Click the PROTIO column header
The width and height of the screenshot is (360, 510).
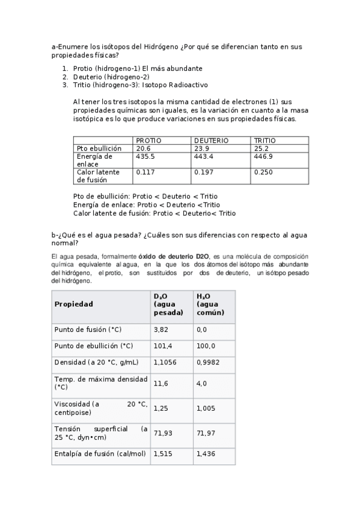148,140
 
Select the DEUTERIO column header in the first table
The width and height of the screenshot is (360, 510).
211,140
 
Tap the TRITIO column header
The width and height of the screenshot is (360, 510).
265,140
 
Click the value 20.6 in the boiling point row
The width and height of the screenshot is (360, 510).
143,148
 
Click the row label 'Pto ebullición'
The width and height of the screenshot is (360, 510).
99,148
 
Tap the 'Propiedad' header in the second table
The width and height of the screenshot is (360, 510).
74,304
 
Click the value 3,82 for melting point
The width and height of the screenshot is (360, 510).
160,330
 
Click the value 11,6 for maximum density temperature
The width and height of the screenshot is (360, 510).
160,383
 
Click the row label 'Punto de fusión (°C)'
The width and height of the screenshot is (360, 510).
88,330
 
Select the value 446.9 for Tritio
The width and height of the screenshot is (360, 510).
263,156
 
